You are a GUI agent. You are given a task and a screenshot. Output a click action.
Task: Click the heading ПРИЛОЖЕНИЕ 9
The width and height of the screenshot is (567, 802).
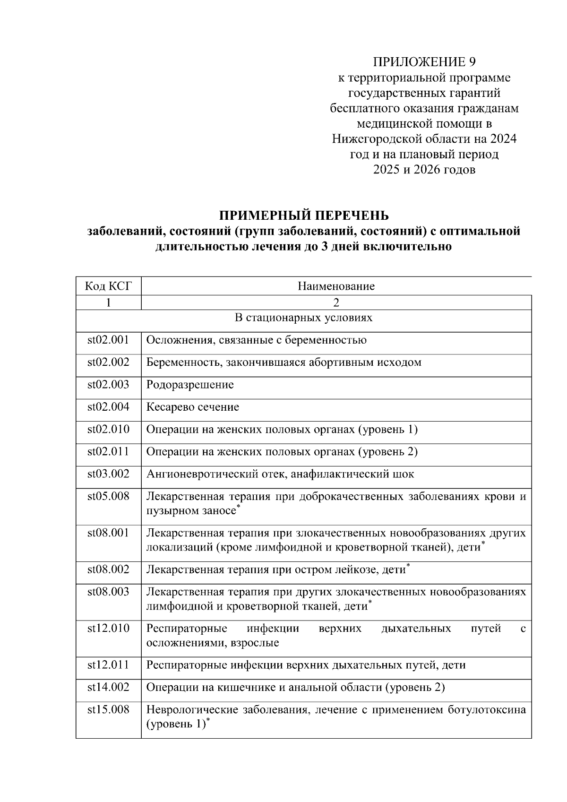coord(424,62)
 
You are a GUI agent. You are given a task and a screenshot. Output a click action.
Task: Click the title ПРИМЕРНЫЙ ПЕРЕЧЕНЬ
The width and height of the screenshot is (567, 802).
coord(304,216)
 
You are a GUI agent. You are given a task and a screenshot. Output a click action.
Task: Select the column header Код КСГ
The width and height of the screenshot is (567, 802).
coord(108,286)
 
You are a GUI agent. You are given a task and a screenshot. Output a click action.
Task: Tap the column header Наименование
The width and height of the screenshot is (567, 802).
coord(336,286)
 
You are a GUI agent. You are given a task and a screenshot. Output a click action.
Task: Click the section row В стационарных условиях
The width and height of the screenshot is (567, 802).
coord(303,318)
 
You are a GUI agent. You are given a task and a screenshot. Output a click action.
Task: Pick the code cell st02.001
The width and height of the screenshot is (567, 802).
coord(108,340)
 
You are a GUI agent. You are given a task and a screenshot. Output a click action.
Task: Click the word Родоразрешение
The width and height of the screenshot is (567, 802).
coord(190,385)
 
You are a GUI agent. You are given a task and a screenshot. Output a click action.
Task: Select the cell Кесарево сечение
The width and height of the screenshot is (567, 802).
coord(193,407)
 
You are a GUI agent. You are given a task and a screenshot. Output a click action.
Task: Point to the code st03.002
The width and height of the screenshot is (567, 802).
coord(108,474)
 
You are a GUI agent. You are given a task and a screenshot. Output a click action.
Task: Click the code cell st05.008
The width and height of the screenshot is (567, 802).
coord(108,496)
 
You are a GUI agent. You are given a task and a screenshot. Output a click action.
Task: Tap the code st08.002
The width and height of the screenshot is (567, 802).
coord(108,569)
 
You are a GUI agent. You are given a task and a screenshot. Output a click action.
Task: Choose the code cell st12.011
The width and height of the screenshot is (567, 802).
coord(108,665)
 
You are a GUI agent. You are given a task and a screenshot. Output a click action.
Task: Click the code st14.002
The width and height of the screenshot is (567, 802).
coord(108,687)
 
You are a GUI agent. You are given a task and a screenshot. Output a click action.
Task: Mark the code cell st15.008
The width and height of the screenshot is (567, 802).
coord(108,709)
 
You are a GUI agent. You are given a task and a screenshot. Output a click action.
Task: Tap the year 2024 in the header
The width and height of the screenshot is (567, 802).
coord(503,139)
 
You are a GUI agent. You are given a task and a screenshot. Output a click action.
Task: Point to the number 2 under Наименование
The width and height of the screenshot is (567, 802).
coord(336,302)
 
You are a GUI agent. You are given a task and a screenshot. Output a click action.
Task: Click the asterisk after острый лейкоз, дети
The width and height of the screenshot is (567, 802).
coord(408,566)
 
